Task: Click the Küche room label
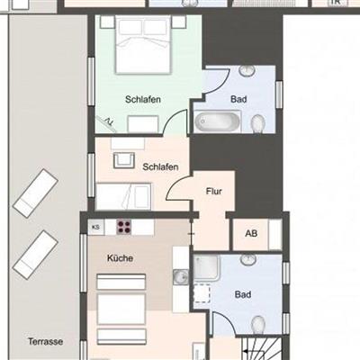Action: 120,258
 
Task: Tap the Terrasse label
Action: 46,341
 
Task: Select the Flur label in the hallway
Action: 214,191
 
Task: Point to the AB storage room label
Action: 251,233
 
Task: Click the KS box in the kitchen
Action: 95,227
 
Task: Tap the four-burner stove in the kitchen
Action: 124,227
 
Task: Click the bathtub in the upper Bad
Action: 217,121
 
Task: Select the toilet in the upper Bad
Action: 258,124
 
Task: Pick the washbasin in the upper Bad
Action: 247,70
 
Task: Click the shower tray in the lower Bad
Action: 207,267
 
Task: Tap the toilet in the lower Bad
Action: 258,325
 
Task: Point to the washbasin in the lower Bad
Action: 248,259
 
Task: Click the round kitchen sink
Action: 181,276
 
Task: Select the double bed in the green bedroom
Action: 143,44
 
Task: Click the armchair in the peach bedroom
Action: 123,160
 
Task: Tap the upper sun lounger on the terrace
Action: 35,193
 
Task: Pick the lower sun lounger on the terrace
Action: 35,255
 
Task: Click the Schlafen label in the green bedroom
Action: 143,99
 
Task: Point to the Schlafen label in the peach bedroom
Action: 160,166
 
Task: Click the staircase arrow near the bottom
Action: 255,352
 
